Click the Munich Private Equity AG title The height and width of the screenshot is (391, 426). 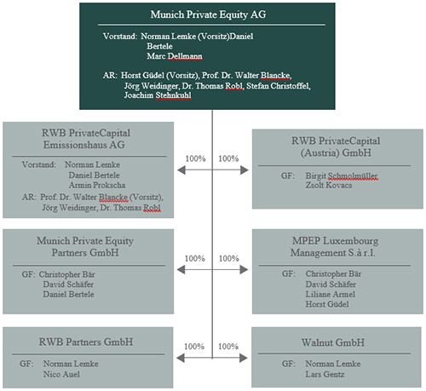pos(208,14)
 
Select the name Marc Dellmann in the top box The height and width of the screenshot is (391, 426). pos(175,56)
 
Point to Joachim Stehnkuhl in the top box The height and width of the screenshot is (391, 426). pos(158,95)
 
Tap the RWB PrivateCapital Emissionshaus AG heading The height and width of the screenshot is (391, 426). pos(85,139)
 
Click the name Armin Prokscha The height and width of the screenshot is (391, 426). pos(97,185)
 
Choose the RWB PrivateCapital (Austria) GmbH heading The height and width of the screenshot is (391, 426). pos(336,147)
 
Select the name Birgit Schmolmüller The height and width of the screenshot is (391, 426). pos(341,175)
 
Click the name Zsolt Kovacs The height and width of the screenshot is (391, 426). pos(329,185)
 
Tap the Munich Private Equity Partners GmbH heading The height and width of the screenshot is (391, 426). pos(85,246)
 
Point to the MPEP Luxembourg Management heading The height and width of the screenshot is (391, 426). pos(334,246)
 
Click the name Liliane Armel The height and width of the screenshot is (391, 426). pos(331,294)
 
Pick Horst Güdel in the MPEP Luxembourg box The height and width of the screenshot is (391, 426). pos(327,304)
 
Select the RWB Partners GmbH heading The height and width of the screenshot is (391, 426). pos(86,342)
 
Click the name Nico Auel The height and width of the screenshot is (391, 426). pos(61,374)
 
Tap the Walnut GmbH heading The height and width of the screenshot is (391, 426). pos(333,342)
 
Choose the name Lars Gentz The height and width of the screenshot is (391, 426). pos(325,374)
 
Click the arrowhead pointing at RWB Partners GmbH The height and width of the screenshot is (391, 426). pos(180,358)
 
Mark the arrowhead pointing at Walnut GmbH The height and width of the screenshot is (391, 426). pos(244,358)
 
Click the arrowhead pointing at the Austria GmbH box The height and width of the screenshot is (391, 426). pos(245,170)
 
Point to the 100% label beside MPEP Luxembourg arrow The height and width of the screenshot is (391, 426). pos(229,258)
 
